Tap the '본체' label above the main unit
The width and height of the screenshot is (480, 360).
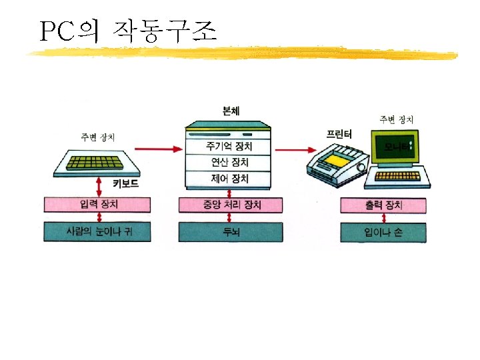[231, 110]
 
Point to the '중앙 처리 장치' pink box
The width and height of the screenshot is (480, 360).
[231, 205]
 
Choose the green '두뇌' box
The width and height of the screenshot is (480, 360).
[231, 232]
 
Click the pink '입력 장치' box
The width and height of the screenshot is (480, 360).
[97, 205]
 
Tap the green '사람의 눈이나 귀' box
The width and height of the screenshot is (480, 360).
[97, 232]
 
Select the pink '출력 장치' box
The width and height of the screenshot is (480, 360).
[383, 205]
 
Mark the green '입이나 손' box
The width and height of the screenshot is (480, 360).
[383, 232]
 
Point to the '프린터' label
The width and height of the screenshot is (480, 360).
[339, 133]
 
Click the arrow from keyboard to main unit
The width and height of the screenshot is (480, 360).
[158, 148]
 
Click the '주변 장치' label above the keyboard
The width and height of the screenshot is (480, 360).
[97, 137]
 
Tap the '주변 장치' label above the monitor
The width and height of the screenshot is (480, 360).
[397, 119]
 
